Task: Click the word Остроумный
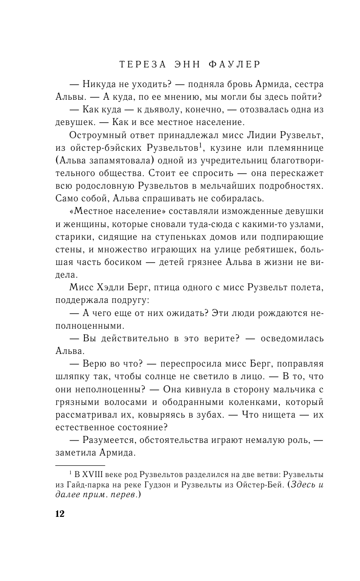95,135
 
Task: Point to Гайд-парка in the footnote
88,485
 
